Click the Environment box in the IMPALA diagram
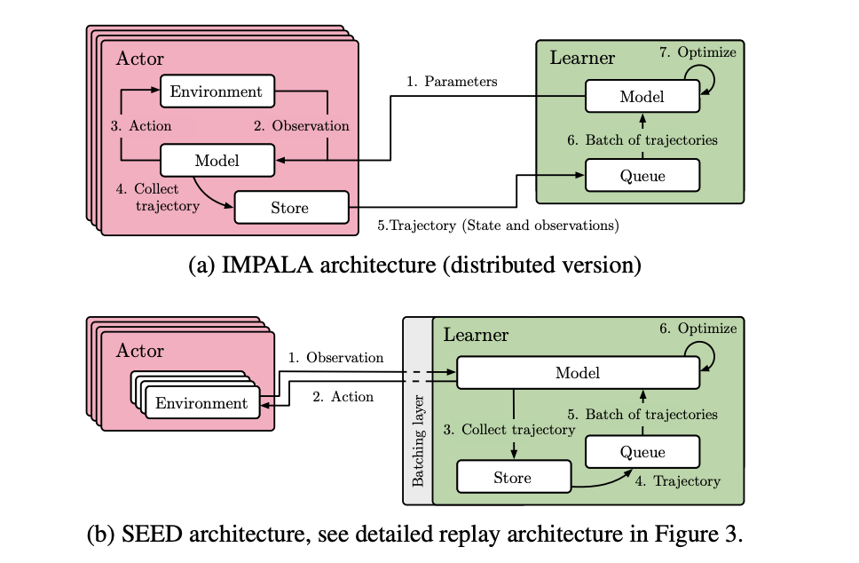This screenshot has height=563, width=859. (x=217, y=91)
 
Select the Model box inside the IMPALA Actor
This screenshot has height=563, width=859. (x=217, y=161)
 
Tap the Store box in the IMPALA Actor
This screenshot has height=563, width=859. (x=289, y=208)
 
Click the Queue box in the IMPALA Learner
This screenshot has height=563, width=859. (x=642, y=175)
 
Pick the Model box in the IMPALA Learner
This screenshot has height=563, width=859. (x=642, y=96)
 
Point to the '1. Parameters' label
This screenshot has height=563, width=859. (x=452, y=82)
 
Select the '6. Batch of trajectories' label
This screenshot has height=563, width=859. (x=642, y=139)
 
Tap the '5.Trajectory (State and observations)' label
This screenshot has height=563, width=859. (x=498, y=226)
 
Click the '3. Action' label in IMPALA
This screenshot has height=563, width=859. (x=141, y=126)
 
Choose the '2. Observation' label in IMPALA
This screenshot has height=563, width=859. (x=302, y=126)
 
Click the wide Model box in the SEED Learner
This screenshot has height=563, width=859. (x=577, y=373)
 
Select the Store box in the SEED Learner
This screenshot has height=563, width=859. (x=512, y=478)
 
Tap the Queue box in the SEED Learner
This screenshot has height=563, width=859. (x=642, y=452)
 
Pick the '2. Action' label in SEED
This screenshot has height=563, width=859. (x=343, y=397)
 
